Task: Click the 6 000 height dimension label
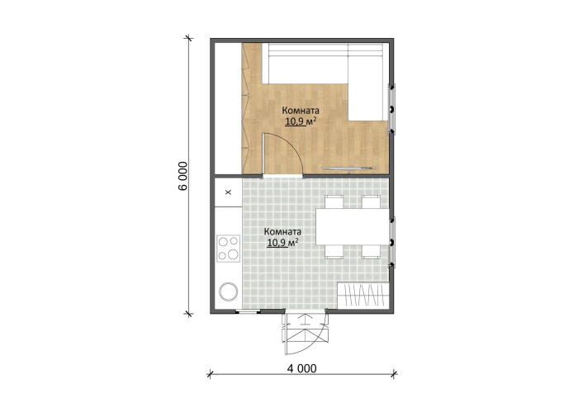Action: tap(182, 176)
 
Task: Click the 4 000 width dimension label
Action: tap(301, 368)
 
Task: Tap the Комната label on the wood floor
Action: tap(301, 110)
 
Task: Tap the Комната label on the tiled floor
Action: tap(282, 232)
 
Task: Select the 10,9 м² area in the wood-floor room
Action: tap(301, 121)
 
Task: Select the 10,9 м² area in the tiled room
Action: tap(282, 242)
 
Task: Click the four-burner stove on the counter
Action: tap(228, 249)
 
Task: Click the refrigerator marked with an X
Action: tap(229, 192)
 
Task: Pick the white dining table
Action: tap(353, 226)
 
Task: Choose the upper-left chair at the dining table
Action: tap(334, 202)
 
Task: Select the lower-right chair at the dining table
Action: tap(371, 251)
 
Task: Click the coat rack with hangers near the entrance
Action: tap(363, 295)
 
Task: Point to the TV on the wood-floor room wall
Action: tap(348, 168)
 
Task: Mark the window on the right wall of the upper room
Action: tap(392, 109)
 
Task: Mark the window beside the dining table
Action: tap(392, 242)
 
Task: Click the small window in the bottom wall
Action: tap(248, 312)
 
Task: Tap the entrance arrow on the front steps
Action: tap(305, 319)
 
